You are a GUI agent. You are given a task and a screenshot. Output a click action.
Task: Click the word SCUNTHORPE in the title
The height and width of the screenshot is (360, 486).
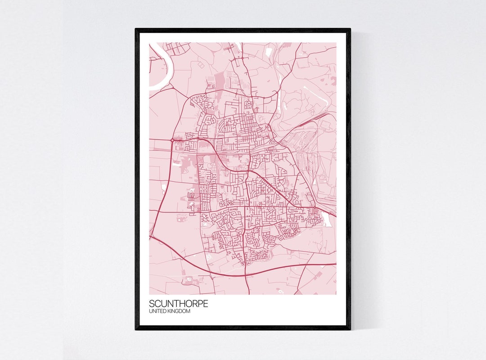tap(179, 304)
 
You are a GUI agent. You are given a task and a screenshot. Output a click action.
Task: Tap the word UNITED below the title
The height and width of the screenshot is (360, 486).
tap(158, 311)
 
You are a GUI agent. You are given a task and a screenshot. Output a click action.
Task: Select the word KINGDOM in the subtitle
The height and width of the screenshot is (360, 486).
tap(179, 311)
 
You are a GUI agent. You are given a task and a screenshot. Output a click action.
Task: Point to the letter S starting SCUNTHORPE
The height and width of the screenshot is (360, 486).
tap(152, 304)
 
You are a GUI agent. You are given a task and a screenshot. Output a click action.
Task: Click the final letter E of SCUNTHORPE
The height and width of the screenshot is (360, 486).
tap(206, 304)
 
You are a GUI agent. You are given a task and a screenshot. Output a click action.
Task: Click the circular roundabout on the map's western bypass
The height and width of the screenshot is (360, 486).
tap(172, 140)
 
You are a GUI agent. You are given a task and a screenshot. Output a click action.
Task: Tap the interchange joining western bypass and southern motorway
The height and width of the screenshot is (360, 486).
tap(152, 236)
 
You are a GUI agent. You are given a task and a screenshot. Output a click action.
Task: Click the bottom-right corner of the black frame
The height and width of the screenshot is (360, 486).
tap(350, 329)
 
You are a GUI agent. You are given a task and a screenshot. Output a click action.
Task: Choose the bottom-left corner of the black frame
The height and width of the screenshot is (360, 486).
tap(136, 329)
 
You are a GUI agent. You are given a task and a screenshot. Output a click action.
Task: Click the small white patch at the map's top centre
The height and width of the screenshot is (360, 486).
tap(269, 52)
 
